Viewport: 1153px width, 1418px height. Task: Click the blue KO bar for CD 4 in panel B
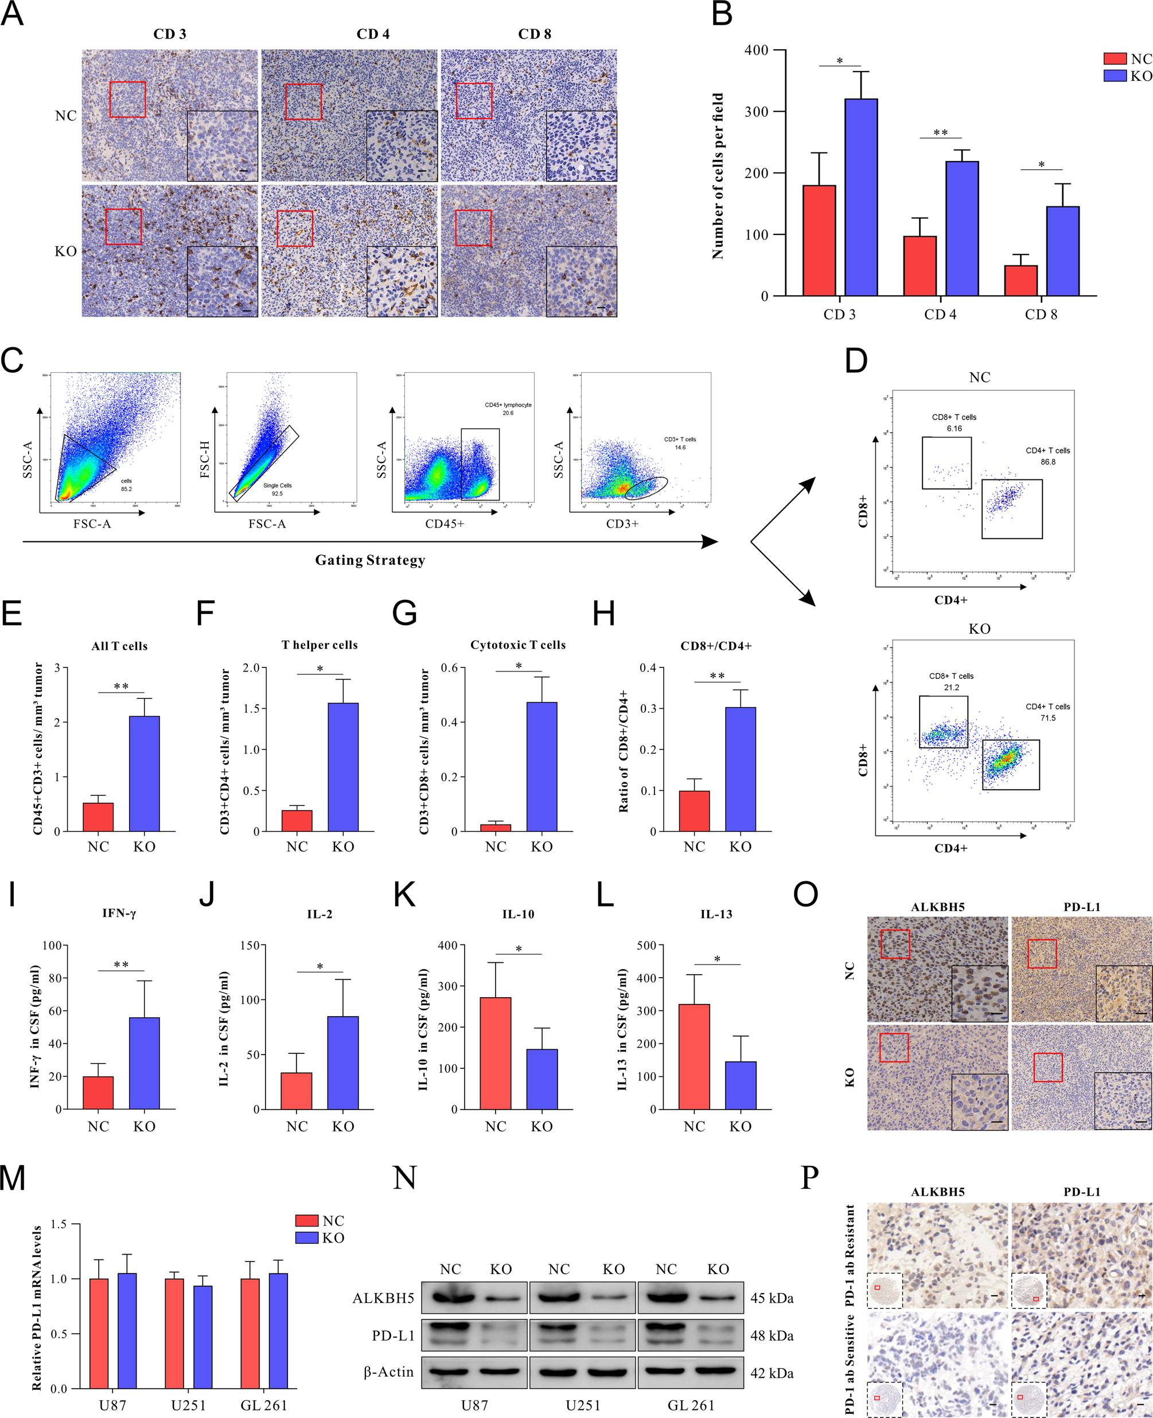(x=962, y=228)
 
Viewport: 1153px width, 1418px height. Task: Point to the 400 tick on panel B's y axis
(x=757, y=50)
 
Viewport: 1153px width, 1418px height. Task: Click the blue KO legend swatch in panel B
(x=1115, y=76)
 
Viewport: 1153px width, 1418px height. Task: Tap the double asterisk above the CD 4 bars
(x=940, y=133)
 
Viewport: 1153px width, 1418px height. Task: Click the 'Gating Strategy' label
(x=370, y=560)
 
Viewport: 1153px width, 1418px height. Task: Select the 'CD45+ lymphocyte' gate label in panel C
(x=508, y=405)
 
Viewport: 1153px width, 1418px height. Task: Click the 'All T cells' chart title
(x=119, y=646)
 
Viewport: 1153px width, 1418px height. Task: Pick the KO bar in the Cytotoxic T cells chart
(x=542, y=766)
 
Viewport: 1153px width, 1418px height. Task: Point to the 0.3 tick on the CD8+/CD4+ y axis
(x=648, y=708)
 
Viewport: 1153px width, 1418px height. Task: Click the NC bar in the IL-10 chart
(x=496, y=1053)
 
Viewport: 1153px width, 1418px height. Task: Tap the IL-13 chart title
(x=716, y=914)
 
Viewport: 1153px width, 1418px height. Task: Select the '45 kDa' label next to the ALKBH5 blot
(x=772, y=1298)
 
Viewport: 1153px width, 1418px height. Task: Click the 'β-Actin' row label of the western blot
(x=388, y=1372)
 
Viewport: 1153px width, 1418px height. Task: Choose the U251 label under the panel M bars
(x=189, y=1405)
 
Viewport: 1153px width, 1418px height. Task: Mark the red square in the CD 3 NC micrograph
(x=127, y=100)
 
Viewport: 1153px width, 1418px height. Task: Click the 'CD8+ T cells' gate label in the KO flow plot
(x=951, y=676)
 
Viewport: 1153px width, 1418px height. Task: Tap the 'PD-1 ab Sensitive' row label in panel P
(x=850, y=1364)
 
